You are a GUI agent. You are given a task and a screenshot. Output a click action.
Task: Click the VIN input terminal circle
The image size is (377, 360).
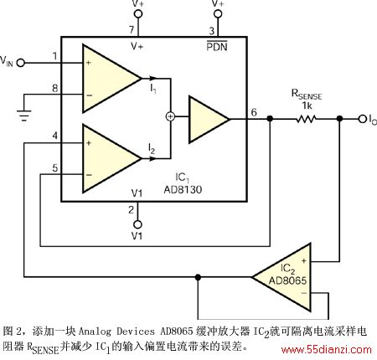click(20, 63)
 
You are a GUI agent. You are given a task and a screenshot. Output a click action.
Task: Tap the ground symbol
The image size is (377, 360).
click(24, 116)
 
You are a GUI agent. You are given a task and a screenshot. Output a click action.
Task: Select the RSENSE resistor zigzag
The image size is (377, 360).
click(306, 119)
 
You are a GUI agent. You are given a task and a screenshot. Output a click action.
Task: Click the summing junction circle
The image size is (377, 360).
click(170, 116)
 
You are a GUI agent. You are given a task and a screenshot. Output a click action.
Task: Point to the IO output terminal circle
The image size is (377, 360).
click(363, 119)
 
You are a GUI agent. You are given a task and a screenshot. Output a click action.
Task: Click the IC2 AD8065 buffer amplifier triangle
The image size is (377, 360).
click(281, 277)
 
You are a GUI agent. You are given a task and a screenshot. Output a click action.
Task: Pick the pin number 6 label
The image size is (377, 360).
click(254, 112)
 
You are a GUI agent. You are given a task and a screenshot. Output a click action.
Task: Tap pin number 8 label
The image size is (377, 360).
click(55, 88)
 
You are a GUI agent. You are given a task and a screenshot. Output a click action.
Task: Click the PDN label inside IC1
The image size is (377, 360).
click(217, 46)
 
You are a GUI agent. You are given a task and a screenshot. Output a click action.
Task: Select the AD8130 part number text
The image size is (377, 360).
click(183, 190)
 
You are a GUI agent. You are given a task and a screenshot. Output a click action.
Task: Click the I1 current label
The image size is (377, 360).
click(153, 89)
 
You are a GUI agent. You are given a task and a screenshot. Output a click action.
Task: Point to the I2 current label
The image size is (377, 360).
click(152, 148)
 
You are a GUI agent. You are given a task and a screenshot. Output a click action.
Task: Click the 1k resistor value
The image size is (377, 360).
click(307, 105)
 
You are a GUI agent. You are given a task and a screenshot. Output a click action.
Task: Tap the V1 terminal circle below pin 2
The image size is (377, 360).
click(137, 224)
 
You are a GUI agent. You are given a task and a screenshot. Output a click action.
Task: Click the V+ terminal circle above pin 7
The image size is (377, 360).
click(138, 13)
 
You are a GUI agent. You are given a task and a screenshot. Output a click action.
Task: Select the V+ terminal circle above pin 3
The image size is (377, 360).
click(218, 13)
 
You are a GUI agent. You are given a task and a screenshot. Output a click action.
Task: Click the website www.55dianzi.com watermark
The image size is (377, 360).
click(327, 350)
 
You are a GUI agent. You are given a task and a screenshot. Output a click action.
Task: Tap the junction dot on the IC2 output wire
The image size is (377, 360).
click(198, 277)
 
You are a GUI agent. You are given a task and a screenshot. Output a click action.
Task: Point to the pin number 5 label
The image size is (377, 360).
click(55, 168)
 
